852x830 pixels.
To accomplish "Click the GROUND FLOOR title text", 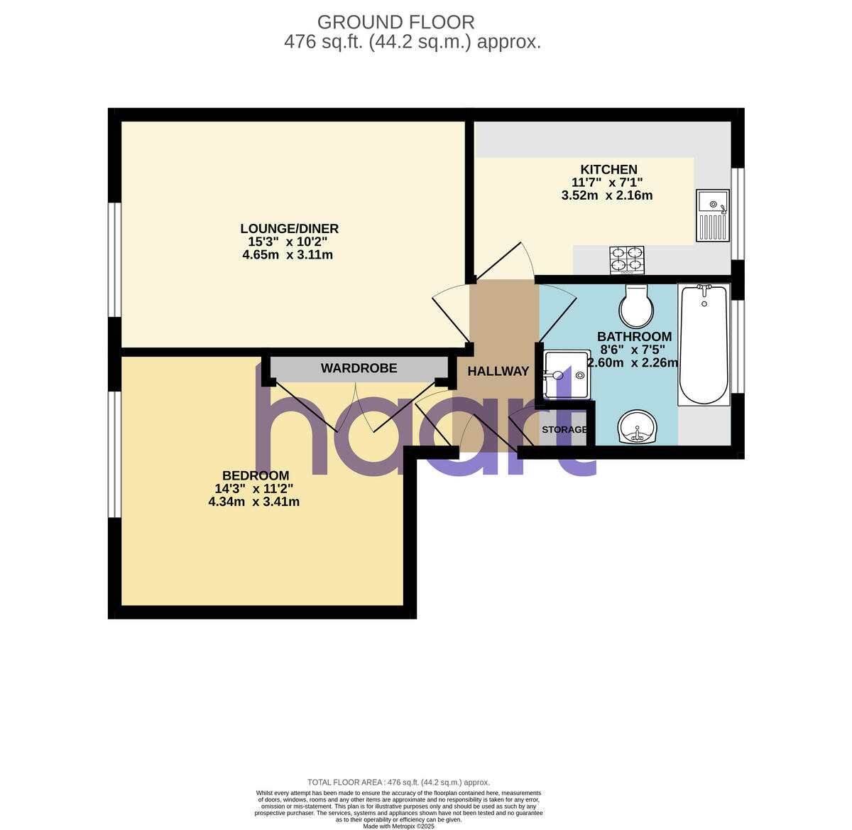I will coord(395,23).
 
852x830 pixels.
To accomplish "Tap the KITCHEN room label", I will coord(608,169).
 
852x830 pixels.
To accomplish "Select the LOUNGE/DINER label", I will coord(289,229).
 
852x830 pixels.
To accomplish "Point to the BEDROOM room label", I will coord(256,475).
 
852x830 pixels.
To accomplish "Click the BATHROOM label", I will coord(634,337).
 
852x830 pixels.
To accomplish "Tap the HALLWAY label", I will coord(498,371).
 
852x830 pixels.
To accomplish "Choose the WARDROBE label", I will coord(359,368).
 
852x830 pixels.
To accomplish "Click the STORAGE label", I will coord(564,429).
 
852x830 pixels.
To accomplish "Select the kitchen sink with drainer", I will coord(712,215).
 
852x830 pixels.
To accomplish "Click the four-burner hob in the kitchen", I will coord(627,260).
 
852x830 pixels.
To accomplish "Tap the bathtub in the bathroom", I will coord(704,345).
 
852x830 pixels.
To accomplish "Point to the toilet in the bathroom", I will coord(636,306).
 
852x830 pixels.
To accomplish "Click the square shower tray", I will coord(567,374).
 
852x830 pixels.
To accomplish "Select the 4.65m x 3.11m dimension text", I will coord(288,254).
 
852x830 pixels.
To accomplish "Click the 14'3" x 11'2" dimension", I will coord(253,489).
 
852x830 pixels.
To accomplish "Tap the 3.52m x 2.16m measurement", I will coord(607,195).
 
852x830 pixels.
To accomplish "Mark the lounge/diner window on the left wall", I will coord(114,259).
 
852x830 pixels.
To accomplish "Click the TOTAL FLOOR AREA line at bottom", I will coord(398,782).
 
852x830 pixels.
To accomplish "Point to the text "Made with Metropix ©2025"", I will coord(398,826).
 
